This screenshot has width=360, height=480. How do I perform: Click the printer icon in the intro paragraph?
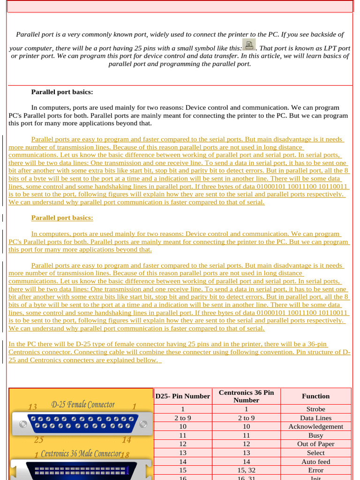coord(249,45)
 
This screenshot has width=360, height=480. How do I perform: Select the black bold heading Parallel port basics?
coord(62,92)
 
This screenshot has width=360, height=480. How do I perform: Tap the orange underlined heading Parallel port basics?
coord(62,217)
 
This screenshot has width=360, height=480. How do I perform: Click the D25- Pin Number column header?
coord(183,396)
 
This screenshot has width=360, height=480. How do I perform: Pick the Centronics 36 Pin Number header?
coord(246,396)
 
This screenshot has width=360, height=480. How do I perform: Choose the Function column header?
coord(315,396)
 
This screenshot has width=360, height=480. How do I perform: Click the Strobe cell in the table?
coord(315,409)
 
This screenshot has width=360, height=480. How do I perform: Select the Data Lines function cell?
coord(315,418)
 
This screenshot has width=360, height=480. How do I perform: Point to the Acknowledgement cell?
coord(315,427)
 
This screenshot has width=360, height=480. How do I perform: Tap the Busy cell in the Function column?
coord(315,435)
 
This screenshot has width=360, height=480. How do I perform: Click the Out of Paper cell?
coord(315,444)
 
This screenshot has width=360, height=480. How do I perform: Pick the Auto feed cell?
coord(315,462)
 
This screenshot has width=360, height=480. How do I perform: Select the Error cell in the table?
coord(315,470)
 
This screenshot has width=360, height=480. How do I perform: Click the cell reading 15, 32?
coord(246,470)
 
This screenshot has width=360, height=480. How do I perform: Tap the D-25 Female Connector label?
coord(82,404)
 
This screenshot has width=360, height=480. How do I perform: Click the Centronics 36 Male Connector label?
coord(81,454)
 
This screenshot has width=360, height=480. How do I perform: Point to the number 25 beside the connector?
coord(38,440)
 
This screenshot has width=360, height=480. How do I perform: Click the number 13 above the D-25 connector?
coord(33,406)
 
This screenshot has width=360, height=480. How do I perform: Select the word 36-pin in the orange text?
coord(317,345)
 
